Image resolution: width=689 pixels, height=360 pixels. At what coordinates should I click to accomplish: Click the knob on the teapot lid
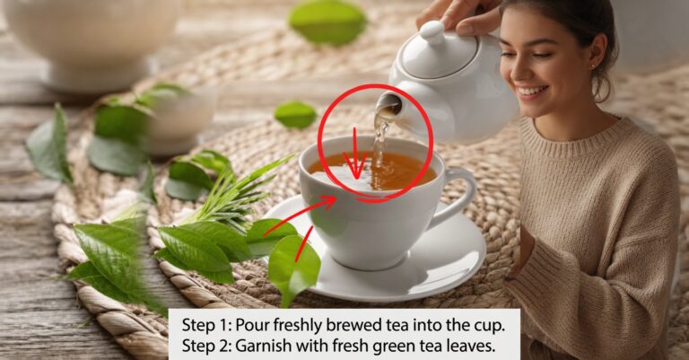[x=432, y=31]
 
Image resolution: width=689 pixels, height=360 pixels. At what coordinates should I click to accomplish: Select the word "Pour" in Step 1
[x=253, y=325]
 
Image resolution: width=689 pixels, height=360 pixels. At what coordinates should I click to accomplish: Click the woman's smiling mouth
[x=532, y=92]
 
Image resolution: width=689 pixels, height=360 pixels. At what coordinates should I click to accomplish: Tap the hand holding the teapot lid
[x=459, y=15]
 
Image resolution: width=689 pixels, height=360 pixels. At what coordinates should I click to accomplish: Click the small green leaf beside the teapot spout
[x=295, y=115]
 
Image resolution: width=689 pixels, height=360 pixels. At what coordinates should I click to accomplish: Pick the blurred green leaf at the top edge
[x=327, y=21]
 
